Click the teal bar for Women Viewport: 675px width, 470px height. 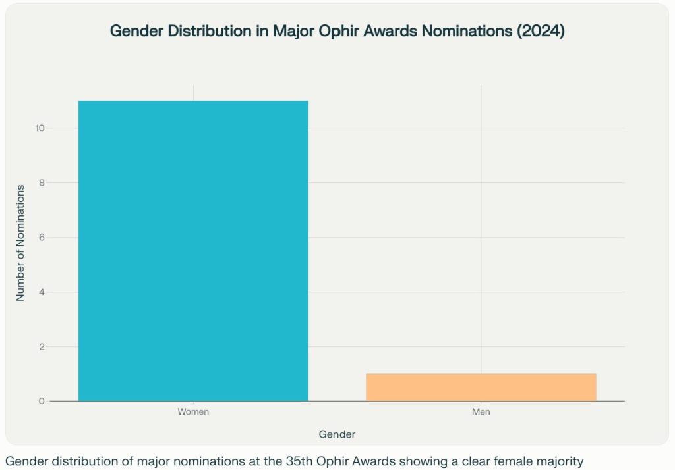click(x=193, y=250)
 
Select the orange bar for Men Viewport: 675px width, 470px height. click(x=481, y=387)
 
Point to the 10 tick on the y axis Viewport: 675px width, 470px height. click(x=40, y=128)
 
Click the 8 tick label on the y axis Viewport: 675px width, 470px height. click(x=41, y=182)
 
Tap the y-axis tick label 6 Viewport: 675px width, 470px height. click(x=41, y=237)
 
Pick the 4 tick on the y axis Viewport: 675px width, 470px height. click(x=41, y=292)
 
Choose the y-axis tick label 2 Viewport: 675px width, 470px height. click(x=41, y=346)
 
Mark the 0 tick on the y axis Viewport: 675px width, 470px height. click(x=41, y=401)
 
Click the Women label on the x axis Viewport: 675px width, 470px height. click(x=193, y=412)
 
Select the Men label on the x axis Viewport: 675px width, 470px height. click(x=481, y=412)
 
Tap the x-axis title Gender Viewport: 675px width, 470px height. click(x=337, y=434)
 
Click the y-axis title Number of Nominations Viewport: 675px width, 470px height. click(x=20, y=243)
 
